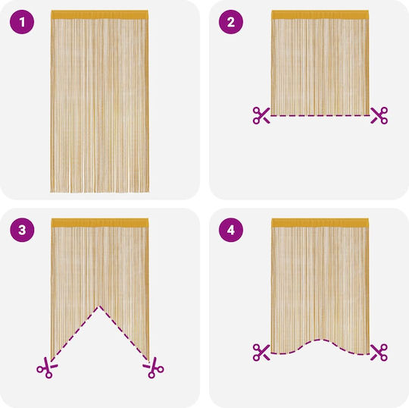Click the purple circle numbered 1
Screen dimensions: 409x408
click(x=22, y=22)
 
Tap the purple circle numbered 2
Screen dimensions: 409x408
click(x=231, y=22)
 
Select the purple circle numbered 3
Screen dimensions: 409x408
click(x=22, y=230)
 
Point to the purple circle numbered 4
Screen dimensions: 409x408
click(x=231, y=230)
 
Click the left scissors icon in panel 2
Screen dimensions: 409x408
click(x=261, y=115)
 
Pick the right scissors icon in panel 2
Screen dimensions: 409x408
click(x=379, y=115)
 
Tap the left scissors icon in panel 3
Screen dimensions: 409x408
click(x=47, y=368)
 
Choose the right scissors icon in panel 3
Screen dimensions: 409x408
click(x=153, y=368)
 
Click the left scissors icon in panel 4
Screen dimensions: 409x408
click(x=261, y=353)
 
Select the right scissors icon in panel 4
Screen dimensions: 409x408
click(x=379, y=353)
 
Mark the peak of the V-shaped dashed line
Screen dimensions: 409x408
click(x=99, y=306)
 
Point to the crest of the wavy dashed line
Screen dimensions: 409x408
click(x=320, y=340)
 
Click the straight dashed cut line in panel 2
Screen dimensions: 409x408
click(x=320, y=115)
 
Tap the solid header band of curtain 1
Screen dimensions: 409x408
click(x=100, y=14)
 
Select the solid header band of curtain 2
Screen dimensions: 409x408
click(x=320, y=14)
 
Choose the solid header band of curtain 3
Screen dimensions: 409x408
click(x=100, y=222)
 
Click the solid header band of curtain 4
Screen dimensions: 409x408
click(x=320, y=222)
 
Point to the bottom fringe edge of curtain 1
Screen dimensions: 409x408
click(x=100, y=191)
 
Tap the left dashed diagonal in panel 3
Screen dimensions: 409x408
click(x=75, y=333)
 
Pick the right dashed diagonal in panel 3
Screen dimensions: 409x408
click(x=124, y=333)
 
